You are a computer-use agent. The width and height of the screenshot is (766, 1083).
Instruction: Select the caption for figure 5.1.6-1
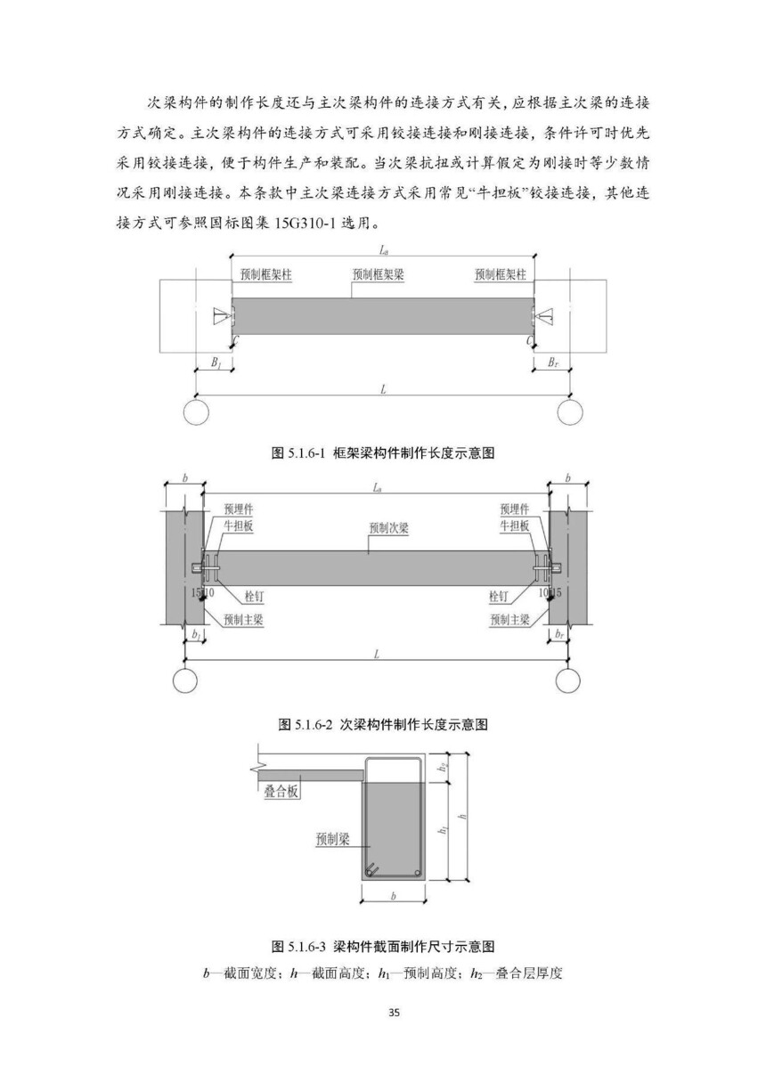[x=383, y=453]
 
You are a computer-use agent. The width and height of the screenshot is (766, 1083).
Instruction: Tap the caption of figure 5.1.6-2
[x=383, y=724]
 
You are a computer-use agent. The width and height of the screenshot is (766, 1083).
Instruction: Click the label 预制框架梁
[x=378, y=274]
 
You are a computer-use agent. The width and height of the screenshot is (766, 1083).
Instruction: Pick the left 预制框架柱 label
[x=266, y=274]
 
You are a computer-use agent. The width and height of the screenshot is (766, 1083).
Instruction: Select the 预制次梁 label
[x=389, y=527]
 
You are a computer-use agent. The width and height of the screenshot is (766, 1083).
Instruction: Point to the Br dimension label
[x=553, y=362]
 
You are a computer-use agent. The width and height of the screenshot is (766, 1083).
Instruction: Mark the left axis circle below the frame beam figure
[x=196, y=412]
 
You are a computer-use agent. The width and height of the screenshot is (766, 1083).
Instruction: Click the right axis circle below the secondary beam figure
[x=567, y=681]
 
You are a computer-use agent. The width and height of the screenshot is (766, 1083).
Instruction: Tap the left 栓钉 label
[x=254, y=596]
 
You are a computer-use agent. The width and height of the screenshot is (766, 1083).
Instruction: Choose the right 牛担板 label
[x=515, y=525]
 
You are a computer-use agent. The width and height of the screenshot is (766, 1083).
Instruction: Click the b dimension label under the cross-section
[x=393, y=896]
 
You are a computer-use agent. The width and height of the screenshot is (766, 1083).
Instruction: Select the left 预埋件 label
[x=239, y=509]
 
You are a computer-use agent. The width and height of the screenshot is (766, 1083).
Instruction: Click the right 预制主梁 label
[x=509, y=619]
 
